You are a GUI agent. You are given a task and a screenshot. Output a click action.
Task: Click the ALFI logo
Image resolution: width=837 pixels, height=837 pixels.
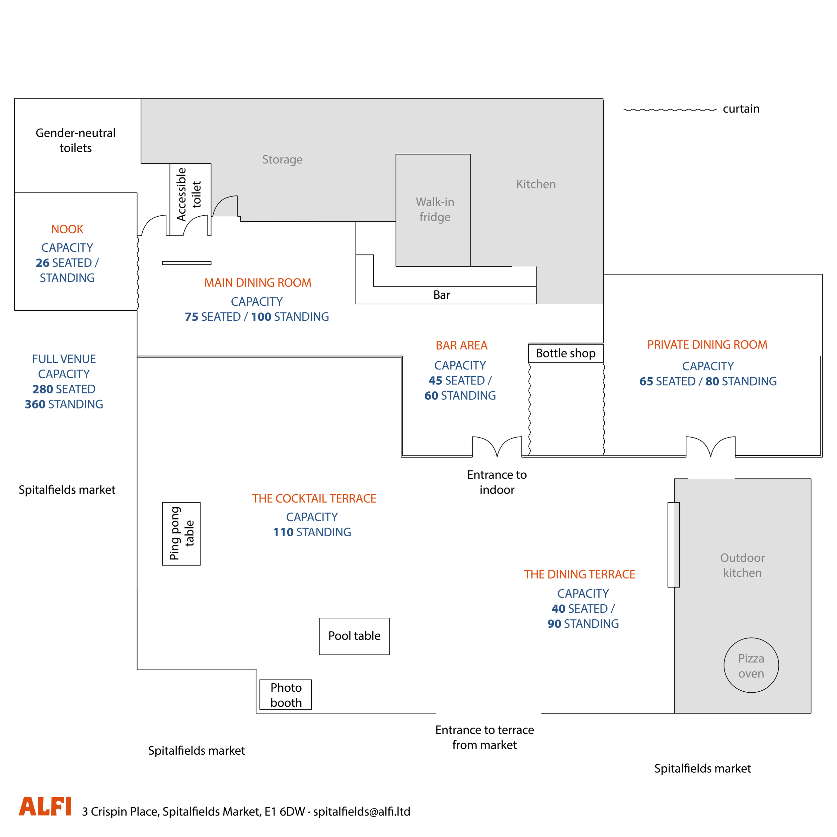pos(45,806)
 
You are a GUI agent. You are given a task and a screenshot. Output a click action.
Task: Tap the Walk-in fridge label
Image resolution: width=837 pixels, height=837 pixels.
pos(435,209)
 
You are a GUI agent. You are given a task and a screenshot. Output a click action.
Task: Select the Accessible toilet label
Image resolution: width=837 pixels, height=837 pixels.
pos(189,195)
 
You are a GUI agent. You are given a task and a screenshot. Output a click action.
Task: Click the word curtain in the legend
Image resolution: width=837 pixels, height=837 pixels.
pos(741,109)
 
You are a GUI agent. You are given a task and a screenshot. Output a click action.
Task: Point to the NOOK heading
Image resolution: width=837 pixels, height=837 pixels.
pos(67,229)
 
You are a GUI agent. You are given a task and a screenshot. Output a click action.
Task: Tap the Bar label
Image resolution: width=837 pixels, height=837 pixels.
pos(442,295)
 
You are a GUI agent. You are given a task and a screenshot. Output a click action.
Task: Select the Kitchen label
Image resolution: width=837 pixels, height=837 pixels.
pos(536,184)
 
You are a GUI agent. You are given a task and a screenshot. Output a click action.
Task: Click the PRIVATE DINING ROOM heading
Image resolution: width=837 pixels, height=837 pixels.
pos(707,345)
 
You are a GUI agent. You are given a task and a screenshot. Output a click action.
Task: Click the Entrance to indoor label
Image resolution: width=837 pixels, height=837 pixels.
pos(497,482)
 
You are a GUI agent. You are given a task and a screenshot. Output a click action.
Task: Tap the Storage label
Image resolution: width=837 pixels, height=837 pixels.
pos(283,160)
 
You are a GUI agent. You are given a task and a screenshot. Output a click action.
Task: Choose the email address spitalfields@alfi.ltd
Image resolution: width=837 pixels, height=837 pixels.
pos(362,812)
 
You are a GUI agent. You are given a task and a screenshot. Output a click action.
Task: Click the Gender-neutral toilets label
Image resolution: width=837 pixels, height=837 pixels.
pos(75,140)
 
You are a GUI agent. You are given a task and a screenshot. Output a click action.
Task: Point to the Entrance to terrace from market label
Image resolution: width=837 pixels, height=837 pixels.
pos(484,737)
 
